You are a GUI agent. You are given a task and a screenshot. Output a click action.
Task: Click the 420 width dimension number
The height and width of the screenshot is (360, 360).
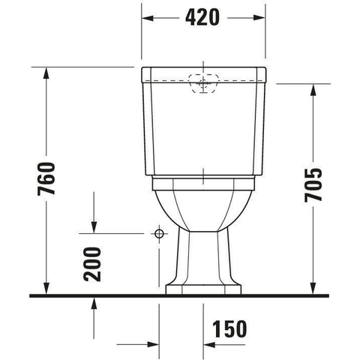(x=202, y=17)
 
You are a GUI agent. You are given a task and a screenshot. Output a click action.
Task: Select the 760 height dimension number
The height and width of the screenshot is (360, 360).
(x=46, y=178)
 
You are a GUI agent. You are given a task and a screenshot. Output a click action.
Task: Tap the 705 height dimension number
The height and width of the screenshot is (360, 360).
(x=313, y=185)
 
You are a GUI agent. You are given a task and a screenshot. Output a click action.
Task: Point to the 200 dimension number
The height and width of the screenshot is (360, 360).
(x=92, y=264)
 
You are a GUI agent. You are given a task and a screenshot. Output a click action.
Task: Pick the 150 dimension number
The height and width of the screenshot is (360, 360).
(x=229, y=328)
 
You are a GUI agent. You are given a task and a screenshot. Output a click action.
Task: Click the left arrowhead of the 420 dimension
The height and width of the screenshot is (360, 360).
(x=148, y=18)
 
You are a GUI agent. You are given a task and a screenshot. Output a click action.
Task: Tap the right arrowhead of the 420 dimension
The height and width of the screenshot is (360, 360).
(x=259, y=18)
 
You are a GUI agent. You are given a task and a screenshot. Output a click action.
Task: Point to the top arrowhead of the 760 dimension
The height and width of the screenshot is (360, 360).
(x=46, y=73)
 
